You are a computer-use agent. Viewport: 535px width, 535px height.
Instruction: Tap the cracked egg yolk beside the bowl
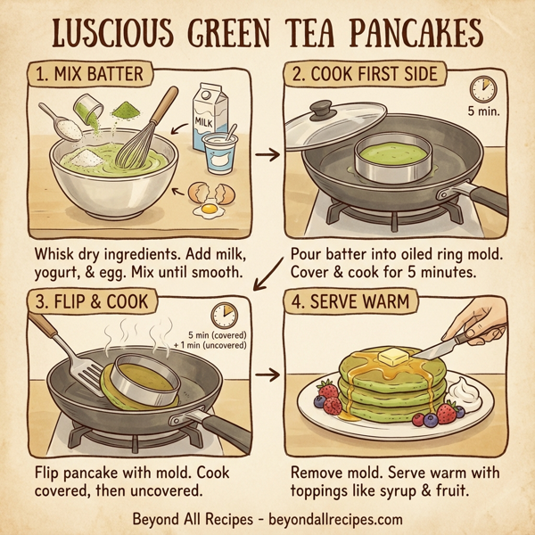click(x=209, y=210)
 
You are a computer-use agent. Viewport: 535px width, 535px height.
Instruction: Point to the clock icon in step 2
click(x=482, y=88)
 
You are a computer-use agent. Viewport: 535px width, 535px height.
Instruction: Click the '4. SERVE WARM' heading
click(x=355, y=301)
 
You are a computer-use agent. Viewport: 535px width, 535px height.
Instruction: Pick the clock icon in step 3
click(x=222, y=315)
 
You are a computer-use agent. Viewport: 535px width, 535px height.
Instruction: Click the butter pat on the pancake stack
click(x=392, y=357)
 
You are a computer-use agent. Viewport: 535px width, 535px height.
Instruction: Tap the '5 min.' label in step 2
click(x=483, y=113)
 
